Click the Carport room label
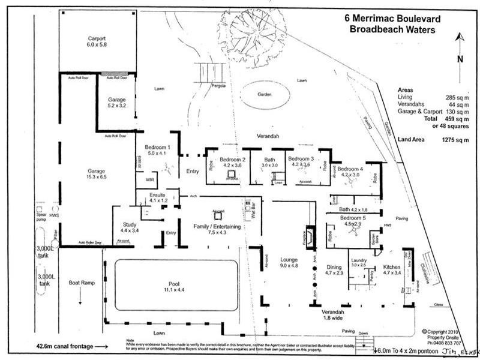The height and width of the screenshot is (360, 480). (x=97, y=39)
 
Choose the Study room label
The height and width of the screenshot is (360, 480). (x=130, y=224)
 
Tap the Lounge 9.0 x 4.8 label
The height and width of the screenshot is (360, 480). (x=289, y=260)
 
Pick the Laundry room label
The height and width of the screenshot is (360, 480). (x=358, y=260)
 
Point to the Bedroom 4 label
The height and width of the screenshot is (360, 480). (x=350, y=169)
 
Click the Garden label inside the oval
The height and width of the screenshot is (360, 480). (x=266, y=94)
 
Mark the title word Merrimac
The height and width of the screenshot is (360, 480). (x=384, y=19)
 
